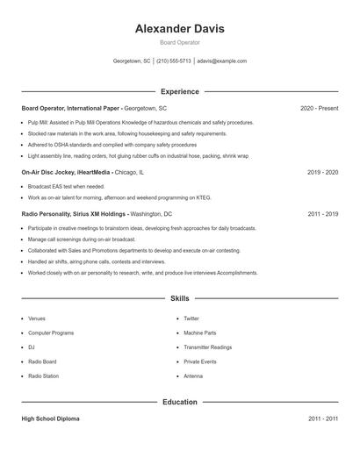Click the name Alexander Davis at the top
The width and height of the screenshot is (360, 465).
(x=179, y=29)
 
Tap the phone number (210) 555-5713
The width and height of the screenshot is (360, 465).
(x=173, y=61)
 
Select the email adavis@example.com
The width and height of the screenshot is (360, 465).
(x=221, y=61)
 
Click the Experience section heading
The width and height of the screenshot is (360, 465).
(x=179, y=91)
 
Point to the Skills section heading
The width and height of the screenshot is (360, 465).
(x=179, y=298)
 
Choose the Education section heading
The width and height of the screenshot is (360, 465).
(x=179, y=402)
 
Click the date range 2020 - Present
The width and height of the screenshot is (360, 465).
(x=319, y=108)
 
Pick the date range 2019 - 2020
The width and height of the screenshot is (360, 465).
(x=322, y=173)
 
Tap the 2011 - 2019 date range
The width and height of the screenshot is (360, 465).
(x=322, y=213)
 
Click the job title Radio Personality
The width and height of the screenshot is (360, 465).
(x=51, y=213)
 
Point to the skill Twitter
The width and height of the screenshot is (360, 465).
(x=191, y=318)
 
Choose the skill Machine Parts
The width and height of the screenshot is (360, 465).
(x=199, y=333)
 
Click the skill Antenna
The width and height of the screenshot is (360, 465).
(x=192, y=376)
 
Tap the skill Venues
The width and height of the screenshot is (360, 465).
(x=37, y=318)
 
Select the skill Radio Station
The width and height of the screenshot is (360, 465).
(x=43, y=376)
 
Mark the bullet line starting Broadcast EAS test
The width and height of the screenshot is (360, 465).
(x=66, y=187)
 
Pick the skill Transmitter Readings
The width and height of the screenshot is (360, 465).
(x=207, y=347)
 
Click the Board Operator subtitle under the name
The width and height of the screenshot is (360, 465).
(x=179, y=42)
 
